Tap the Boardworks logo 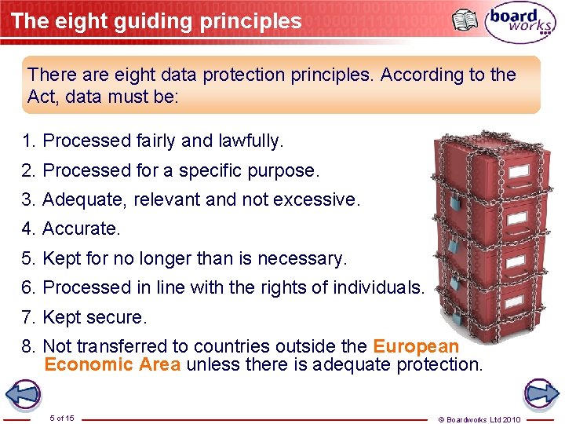click(x=520, y=22)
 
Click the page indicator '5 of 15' click(x=61, y=418)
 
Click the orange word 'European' click(x=415, y=346)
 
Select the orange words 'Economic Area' click(x=112, y=364)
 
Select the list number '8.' click(x=30, y=346)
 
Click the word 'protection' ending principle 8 click(x=440, y=364)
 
